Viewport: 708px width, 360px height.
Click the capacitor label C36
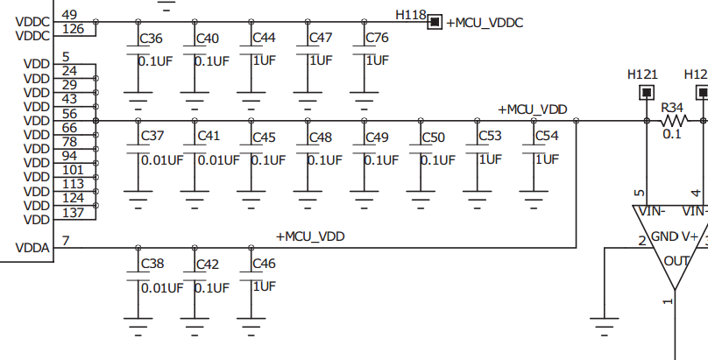tap(152, 39)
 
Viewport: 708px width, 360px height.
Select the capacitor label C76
tap(377, 39)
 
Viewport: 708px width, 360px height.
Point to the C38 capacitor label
tap(152, 264)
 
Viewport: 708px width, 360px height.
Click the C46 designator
tap(264, 264)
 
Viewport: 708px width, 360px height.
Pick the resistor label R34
tap(672, 107)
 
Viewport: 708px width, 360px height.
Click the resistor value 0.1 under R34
tap(672, 134)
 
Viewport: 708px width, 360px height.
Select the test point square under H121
tap(648, 92)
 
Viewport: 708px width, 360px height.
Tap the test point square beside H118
tap(434, 22)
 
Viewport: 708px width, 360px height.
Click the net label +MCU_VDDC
tap(485, 23)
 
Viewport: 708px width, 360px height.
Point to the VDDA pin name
tap(32, 248)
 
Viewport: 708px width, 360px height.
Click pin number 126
tap(72, 31)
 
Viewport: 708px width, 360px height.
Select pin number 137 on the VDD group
tap(73, 214)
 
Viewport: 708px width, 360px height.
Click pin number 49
tap(69, 15)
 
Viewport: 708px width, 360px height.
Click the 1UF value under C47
tap(320, 60)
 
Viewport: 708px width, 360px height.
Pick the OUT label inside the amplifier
tap(676, 260)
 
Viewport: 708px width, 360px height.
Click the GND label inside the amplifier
tap(665, 236)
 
